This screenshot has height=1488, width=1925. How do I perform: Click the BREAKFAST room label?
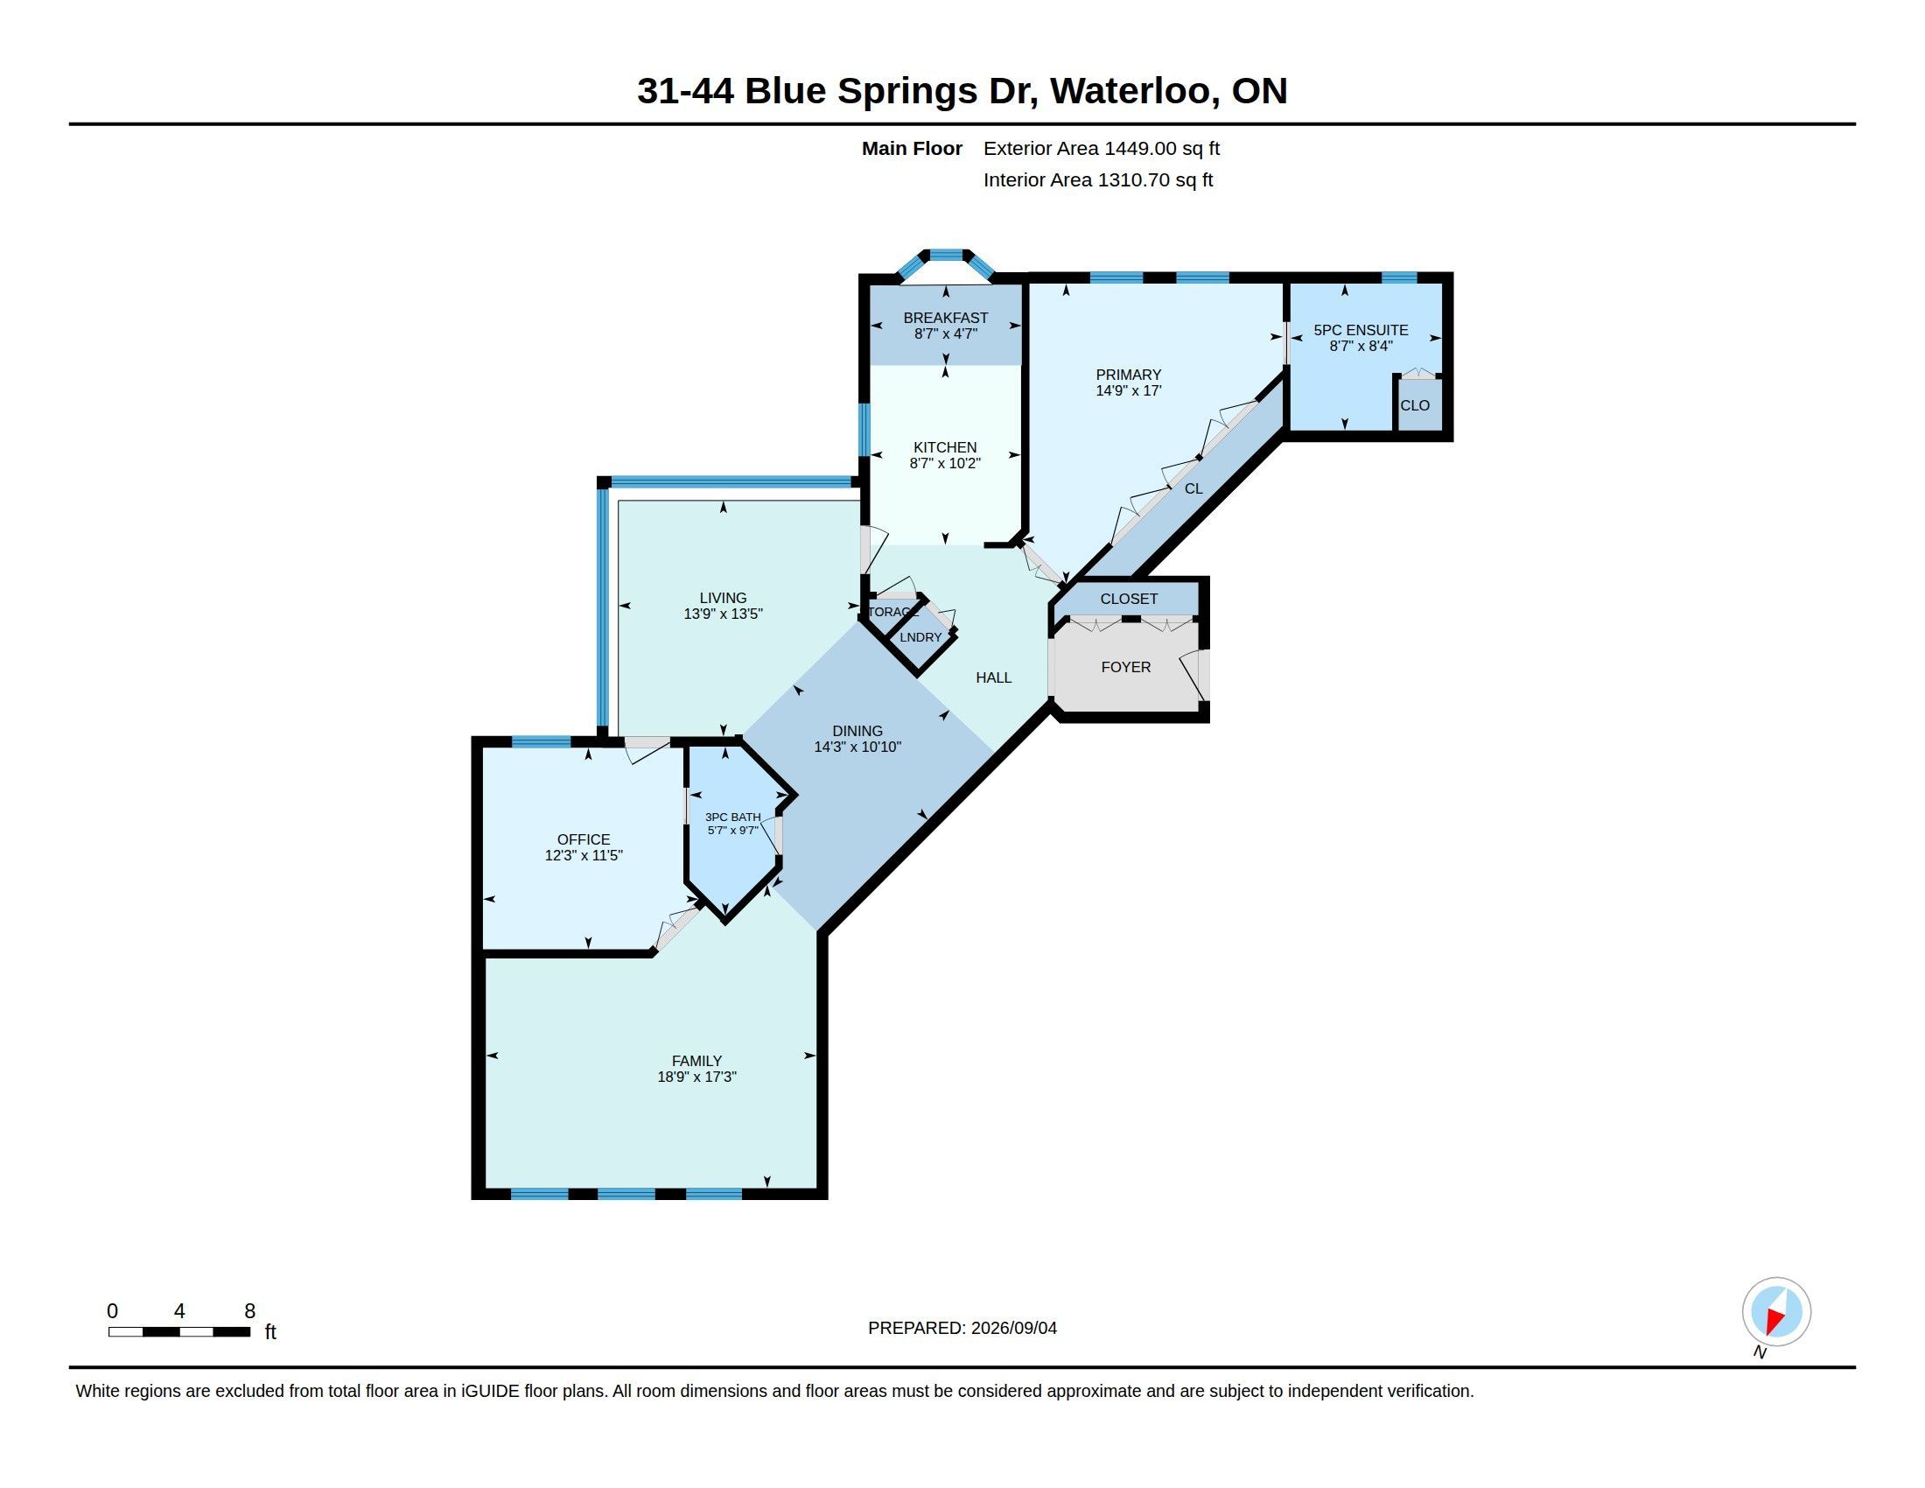click(946, 319)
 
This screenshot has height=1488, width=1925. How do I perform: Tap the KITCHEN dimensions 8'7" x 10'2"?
click(945, 464)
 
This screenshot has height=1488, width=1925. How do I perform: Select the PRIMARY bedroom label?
click(1128, 375)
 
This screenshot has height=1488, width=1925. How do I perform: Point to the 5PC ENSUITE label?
click(1361, 331)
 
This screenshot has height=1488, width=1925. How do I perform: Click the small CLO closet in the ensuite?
click(1415, 405)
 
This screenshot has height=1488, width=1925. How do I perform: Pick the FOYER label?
click(1125, 667)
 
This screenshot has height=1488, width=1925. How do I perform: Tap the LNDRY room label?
click(920, 637)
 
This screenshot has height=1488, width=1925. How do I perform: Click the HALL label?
click(993, 677)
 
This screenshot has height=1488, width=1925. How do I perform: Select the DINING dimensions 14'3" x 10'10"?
click(857, 748)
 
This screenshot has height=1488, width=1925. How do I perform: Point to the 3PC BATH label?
click(732, 818)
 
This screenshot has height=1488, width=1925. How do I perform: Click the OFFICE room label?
click(584, 840)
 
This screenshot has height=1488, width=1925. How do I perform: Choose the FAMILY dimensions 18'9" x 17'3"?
click(696, 1077)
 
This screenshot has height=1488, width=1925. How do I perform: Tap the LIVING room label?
click(723, 599)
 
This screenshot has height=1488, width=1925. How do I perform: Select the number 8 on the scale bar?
click(249, 1312)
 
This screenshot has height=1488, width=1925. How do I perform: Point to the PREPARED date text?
click(962, 1329)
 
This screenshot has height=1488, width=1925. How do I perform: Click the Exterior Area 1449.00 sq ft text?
click(1102, 149)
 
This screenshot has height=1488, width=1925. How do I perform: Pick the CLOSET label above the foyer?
click(1129, 600)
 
